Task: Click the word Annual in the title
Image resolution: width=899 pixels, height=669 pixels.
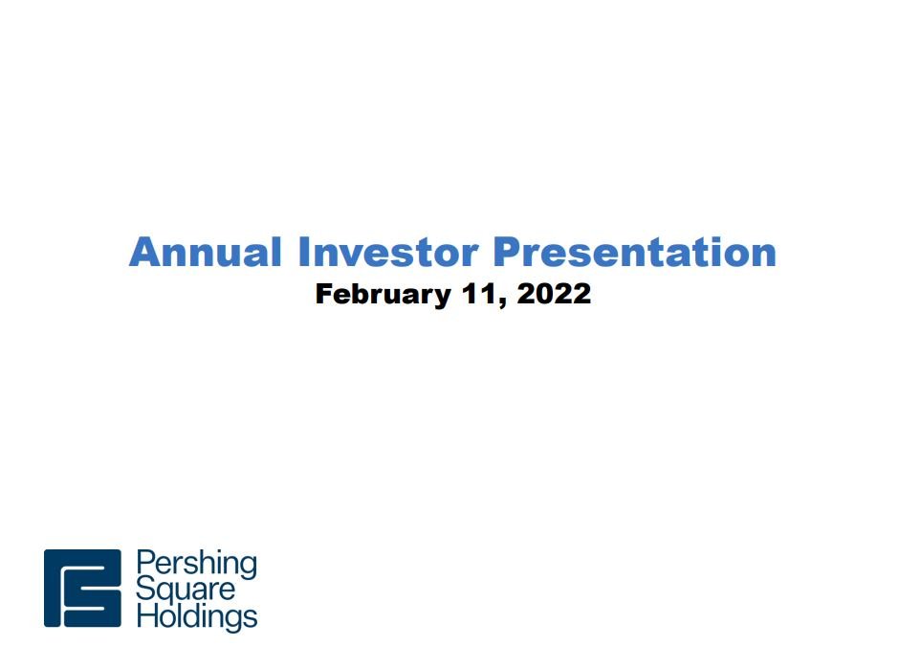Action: point(206,252)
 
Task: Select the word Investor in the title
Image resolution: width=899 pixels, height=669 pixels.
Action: point(388,252)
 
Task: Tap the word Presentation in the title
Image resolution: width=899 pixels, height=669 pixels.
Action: point(635,252)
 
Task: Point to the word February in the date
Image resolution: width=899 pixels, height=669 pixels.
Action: point(383,295)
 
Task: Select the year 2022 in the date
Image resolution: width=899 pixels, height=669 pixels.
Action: point(554,293)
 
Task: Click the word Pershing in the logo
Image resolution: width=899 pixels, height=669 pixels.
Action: point(197,565)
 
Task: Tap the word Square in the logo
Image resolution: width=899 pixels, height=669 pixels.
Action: point(186,591)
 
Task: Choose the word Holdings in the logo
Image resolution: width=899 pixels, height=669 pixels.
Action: point(197,617)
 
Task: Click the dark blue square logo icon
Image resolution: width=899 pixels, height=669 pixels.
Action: point(82,588)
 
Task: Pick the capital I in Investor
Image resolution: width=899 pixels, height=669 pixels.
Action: point(304,252)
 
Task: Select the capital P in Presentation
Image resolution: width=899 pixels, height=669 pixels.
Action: point(507,252)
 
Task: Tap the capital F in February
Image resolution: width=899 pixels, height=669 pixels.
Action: point(324,293)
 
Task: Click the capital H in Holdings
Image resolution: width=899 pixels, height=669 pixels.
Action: point(146,615)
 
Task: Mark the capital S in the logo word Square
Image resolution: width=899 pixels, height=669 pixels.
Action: point(145,590)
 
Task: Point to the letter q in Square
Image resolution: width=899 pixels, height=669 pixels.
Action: point(166,594)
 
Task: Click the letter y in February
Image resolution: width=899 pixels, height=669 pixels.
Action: point(442,299)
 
